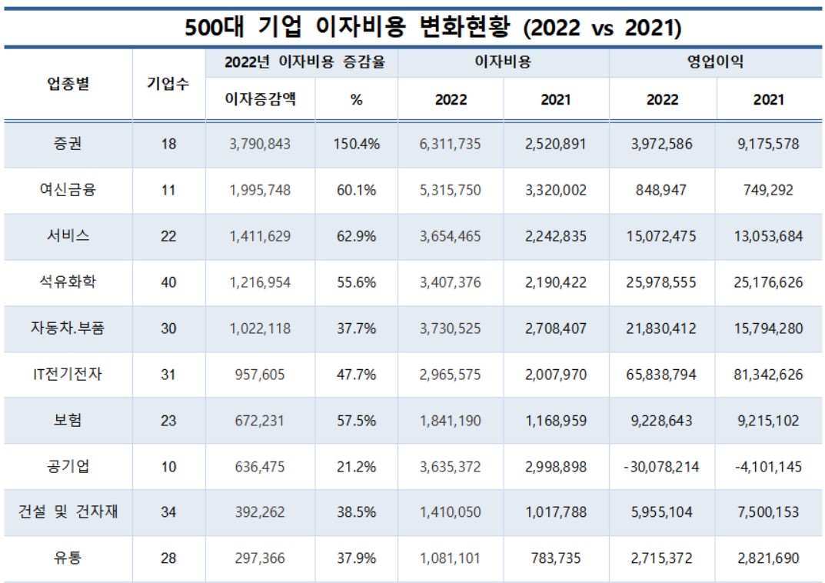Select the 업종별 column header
[x=68, y=84]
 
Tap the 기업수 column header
[x=168, y=84]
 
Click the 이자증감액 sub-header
[x=260, y=100]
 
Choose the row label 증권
[x=68, y=144]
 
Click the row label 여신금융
[x=68, y=190]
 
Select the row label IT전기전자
[x=68, y=374]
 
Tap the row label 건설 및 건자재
[x=68, y=511]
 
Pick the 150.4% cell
[x=356, y=144]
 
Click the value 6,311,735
[x=451, y=144]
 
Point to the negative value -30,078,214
[x=662, y=466]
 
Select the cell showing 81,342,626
[x=768, y=374]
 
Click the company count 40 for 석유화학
[x=168, y=282]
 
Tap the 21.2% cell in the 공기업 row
[x=356, y=466]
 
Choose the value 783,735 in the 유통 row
[x=556, y=558]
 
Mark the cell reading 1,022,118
[x=260, y=328]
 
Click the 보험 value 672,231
[x=260, y=420]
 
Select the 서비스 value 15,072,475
[x=662, y=236]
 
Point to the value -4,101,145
[x=768, y=466]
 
